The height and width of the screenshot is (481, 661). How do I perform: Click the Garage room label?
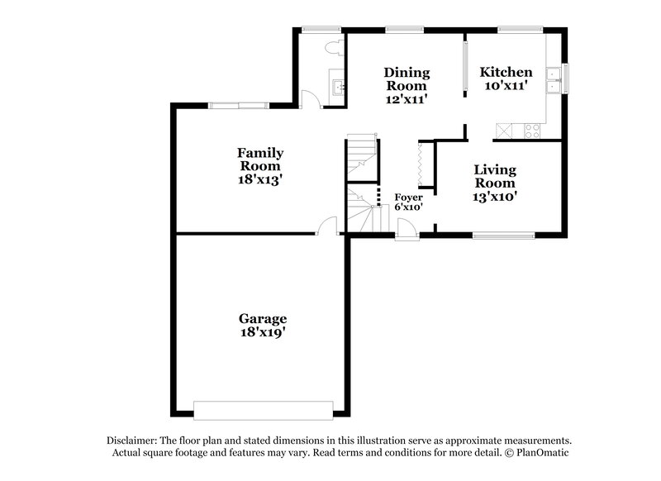coord(263,318)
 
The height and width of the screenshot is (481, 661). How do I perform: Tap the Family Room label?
coord(260,159)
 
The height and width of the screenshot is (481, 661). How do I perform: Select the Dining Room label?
coord(406,79)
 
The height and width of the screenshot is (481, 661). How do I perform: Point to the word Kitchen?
coord(506,72)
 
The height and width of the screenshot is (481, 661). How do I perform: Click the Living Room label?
coord(495,176)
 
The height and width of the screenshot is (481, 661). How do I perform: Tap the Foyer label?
coord(408,197)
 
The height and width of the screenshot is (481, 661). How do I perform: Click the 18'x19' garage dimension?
coord(263,333)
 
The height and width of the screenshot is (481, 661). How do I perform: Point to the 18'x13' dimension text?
coord(260,179)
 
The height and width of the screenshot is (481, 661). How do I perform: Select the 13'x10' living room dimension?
coord(495,197)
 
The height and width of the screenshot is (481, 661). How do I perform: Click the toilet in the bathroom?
coord(333,45)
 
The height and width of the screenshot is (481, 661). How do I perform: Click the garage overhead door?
coord(263,407)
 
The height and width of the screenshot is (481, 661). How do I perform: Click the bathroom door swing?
coord(309,99)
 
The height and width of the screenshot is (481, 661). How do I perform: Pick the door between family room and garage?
coord(328,226)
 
